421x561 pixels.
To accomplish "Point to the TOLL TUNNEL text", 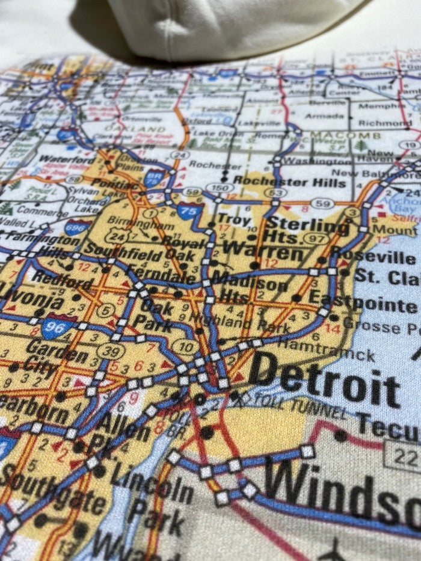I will click(301, 407).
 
